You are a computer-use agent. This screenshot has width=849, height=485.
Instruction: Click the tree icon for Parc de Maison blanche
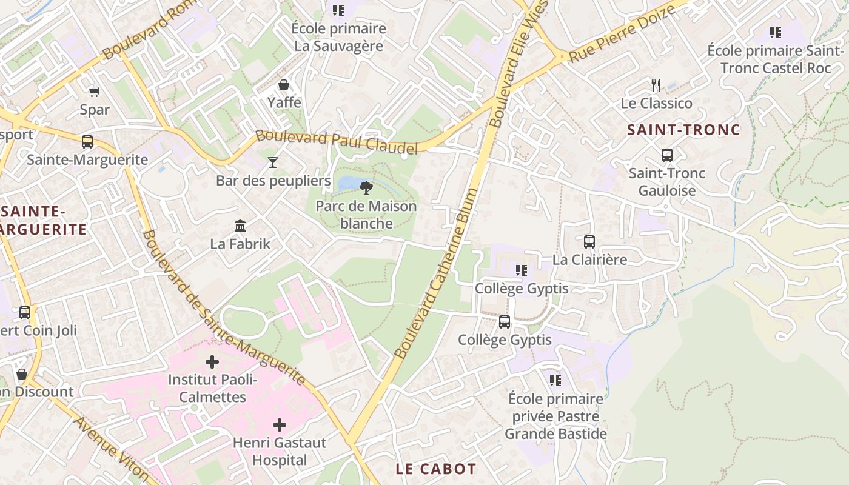(x=366, y=187)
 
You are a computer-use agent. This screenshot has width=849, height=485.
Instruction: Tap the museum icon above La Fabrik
(x=240, y=226)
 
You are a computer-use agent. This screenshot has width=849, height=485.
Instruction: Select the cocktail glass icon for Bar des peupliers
(x=273, y=162)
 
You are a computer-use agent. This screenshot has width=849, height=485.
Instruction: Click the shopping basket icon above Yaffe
(x=283, y=85)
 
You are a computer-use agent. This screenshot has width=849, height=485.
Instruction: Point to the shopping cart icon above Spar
(x=94, y=92)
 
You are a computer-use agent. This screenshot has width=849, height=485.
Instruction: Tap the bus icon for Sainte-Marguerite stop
(x=87, y=142)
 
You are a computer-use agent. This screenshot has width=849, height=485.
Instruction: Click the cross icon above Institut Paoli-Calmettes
(x=212, y=362)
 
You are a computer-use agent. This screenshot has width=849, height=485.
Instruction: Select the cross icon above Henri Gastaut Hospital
(x=280, y=425)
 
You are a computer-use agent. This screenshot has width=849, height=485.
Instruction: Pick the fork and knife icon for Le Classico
(x=656, y=85)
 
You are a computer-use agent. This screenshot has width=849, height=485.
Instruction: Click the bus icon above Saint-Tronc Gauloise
(x=667, y=155)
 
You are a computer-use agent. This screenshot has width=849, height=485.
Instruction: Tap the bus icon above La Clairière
(x=589, y=242)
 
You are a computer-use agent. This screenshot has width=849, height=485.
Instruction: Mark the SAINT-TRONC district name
(x=683, y=130)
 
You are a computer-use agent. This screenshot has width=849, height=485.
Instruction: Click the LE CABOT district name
(x=435, y=469)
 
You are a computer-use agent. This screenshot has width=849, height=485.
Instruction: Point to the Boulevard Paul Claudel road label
(x=337, y=141)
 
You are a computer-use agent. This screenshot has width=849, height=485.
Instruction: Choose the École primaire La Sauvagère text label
(x=338, y=37)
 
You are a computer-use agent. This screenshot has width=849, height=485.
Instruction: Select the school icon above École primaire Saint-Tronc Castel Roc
(x=775, y=32)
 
